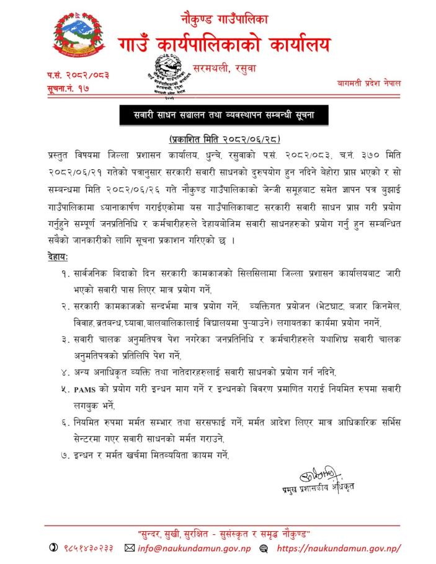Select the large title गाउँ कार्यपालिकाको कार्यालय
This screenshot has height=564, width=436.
[225, 45]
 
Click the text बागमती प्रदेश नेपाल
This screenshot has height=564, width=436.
[370, 82]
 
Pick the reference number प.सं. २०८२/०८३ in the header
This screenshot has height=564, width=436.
[78, 75]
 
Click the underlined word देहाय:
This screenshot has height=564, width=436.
[58, 256]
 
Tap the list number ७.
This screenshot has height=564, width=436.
[65, 456]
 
